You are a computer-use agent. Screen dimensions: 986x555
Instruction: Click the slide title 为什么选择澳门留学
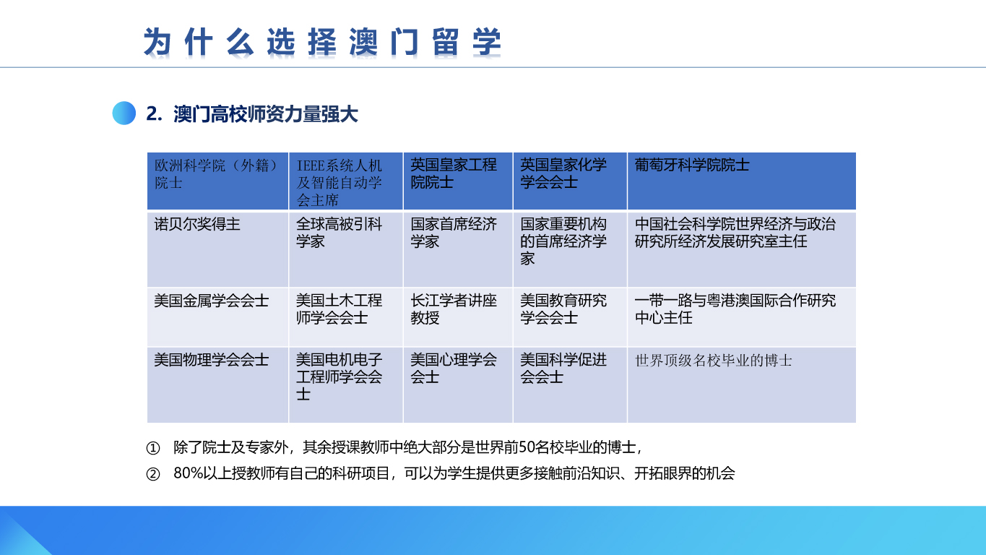point(322,42)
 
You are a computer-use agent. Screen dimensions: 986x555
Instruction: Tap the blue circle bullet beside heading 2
point(124,113)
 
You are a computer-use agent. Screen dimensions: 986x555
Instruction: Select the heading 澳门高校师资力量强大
point(265,114)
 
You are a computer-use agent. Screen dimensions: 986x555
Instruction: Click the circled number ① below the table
point(152,448)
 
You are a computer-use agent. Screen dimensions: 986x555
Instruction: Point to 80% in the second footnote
point(189,473)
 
